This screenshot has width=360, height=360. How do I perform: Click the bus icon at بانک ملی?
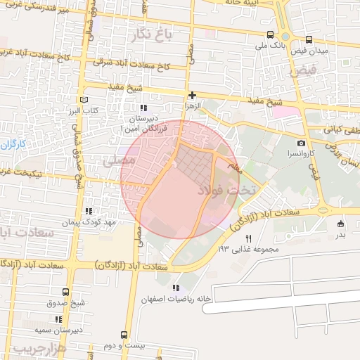tap(271, 34)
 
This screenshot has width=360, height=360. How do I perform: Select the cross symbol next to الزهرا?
tap(192, 94)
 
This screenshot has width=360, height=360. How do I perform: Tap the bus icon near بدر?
tap(340, 223)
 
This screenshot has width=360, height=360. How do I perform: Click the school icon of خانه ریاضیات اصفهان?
tap(175, 288)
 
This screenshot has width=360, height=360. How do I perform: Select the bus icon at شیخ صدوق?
tap(65, 292)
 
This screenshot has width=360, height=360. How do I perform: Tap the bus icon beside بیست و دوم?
tap(124, 335)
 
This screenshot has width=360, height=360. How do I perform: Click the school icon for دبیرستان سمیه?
tap(59, 319)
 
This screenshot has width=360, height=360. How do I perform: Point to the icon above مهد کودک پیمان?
tap(88, 211)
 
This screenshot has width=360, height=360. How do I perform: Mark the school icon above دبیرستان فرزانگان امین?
tap(144, 108)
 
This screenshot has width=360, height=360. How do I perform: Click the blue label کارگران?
tap(13, 145)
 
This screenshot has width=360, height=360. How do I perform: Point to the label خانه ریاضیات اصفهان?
tap(175, 297)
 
